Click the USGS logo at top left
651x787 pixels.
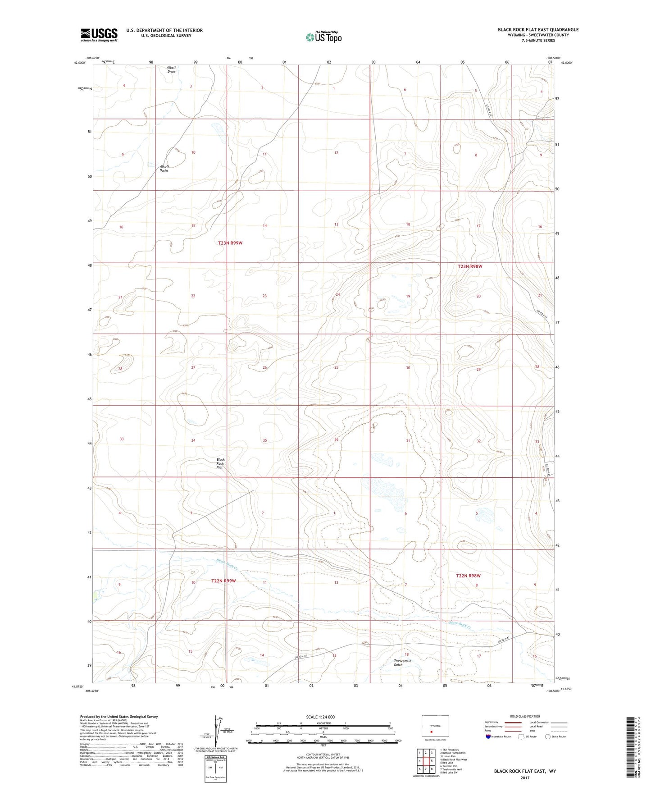(x=99, y=34)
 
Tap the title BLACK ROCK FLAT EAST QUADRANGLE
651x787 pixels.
(x=538, y=30)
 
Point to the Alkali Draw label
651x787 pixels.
(x=171, y=69)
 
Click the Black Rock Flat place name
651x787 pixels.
(x=220, y=463)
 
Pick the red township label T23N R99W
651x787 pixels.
(x=230, y=243)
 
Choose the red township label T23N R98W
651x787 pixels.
(x=470, y=266)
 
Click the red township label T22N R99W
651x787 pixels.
(x=223, y=581)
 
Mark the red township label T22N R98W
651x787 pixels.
(x=468, y=576)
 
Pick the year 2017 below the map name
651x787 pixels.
(x=525, y=778)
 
